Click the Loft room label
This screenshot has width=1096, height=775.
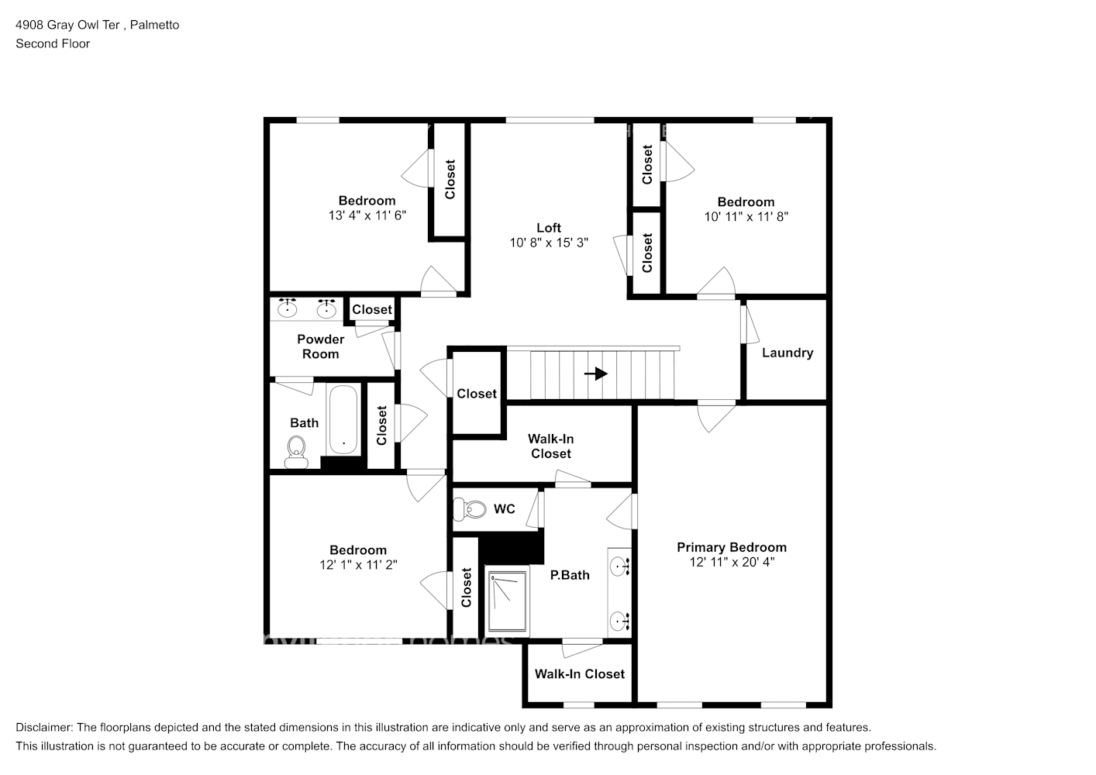coord(548,227)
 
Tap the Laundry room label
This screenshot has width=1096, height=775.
coord(787,353)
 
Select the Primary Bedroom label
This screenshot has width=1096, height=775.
coord(731,547)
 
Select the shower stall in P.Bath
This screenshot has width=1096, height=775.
coord(507,601)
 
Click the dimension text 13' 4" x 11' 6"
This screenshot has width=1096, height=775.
coord(367,215)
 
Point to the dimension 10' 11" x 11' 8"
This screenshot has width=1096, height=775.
coord(746,217)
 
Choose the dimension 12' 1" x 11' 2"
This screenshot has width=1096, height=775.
coord(357,565)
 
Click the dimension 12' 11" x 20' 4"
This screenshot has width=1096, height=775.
coord(731,562)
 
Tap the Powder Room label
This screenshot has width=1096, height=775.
coord(320,346)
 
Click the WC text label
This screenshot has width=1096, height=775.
coord(504,509)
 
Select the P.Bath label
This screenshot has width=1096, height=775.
coord(570,575)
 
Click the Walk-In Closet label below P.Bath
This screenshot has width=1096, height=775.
coord(579,674)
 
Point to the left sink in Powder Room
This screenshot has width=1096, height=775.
coord(288,308)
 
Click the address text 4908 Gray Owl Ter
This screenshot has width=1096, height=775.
coord(68,25)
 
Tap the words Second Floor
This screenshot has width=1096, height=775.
coord(53,43)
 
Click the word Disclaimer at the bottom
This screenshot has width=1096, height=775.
coord(43,728)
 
